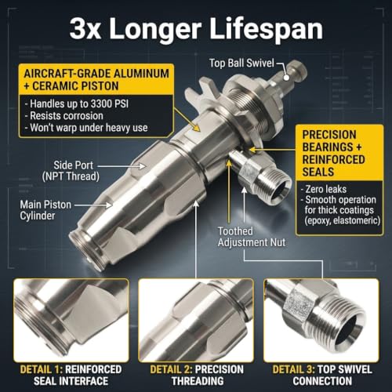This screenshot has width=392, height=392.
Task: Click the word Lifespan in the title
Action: click(x=266, y=29)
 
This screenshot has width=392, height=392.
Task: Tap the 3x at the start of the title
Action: click(x=85, y=29)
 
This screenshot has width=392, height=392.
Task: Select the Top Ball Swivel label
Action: click(x=241, y=64)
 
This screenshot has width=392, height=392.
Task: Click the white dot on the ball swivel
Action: click(x=286, y=78)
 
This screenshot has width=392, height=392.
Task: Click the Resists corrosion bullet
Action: click(x=64, y=116)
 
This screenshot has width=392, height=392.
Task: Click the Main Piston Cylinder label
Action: click(x=45, y=210)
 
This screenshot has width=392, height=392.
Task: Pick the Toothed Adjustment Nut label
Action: click(x=252, y=237)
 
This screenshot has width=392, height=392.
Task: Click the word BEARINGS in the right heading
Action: click(x=328, y=147)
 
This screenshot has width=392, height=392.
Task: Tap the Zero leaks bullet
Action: click(x=324, y=189)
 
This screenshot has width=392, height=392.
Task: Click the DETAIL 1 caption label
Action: click(x=42, y=369)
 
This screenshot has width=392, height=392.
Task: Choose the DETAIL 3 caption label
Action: click(x=293, y=369)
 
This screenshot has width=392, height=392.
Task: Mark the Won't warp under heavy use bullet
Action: click(x=86, y=128)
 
